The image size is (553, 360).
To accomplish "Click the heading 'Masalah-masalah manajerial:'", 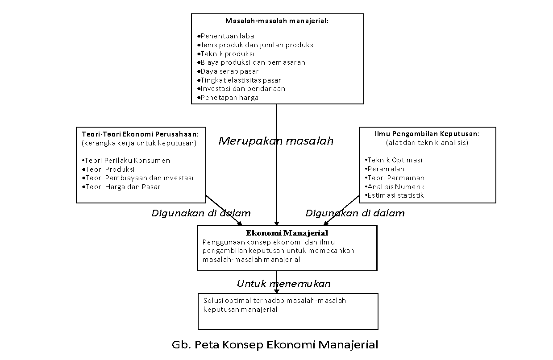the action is coord(277,21).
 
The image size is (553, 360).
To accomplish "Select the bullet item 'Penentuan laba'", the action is coord(226,36).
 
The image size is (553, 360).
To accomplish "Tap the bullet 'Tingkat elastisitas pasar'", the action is coord(239,80).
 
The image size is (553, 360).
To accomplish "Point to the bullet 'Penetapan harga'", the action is coord(228,98).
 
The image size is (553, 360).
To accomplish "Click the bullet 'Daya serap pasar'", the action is coord(228,71).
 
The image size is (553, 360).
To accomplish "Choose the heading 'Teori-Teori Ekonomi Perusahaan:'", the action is coord(140,134).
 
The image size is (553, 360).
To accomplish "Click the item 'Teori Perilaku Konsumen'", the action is coord(126,161).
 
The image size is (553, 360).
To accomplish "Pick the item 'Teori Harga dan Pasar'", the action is coord(121,187).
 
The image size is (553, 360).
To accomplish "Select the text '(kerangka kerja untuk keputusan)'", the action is coord(139,143).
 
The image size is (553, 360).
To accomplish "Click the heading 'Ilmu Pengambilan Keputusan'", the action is coord(426,134).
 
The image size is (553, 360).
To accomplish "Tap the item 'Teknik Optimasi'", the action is coord(394,160).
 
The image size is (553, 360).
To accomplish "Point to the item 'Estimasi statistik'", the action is coord(394,195).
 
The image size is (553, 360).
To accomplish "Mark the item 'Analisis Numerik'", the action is coord(395,187).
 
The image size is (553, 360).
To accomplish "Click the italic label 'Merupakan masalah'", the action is coord(276,141).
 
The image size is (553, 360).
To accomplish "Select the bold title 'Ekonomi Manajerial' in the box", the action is coord(287,233).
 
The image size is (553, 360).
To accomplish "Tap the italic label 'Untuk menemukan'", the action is coord(284,284).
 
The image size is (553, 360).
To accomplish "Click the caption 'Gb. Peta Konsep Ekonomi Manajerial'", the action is coord(275,345).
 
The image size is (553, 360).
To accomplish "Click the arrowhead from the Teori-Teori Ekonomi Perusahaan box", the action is coord(240,223).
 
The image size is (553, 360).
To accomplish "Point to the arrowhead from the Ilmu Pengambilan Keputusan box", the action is coord(326,223).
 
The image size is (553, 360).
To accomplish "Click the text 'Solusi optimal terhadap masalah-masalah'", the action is coord(274,301).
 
